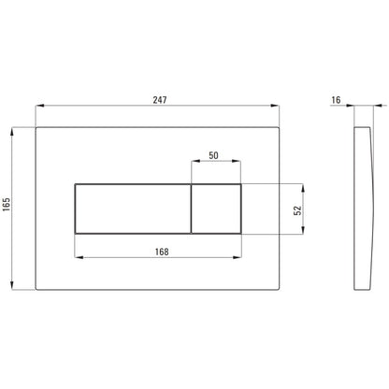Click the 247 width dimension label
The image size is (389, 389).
coord(160,100)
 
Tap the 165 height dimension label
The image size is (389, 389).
coord(7,204)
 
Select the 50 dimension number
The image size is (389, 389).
coord(213,155)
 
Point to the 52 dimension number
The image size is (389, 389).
coord(298,210)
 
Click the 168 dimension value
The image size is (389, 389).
coord(162,252)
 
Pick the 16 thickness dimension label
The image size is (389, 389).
coord(336,100)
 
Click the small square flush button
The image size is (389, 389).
coord(216,209)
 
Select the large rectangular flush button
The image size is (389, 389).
coord(133,209)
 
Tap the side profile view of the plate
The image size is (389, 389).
coord(363,209)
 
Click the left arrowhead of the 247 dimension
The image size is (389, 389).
coord(40,106)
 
